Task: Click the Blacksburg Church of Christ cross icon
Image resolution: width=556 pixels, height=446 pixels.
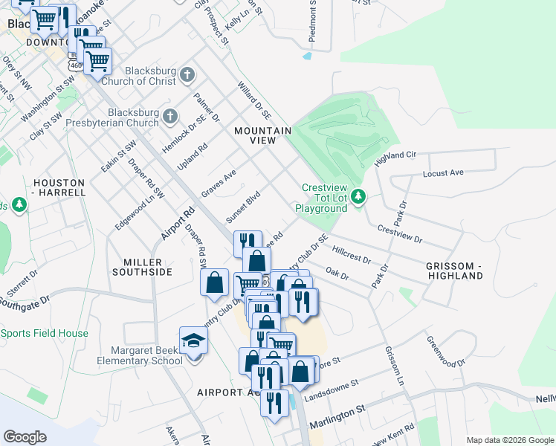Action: pos(187,74)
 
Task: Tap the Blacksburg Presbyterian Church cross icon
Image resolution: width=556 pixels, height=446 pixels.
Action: pos(170,116)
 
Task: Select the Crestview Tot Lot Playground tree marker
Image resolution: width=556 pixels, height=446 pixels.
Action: pos(359,197)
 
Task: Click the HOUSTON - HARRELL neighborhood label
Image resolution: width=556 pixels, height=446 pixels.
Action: pos(59,187)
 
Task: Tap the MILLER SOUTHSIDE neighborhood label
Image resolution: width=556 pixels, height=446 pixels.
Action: pos(147,267)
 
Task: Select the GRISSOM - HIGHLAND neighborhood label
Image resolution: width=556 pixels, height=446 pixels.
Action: pos(454,271)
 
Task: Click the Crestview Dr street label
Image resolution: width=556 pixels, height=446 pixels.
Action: pos(399,234)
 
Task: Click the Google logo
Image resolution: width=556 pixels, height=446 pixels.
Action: pos(25,436)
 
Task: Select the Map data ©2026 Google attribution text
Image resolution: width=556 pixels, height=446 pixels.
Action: pos(509,440)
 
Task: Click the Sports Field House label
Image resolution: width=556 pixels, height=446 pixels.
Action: pos(44,333)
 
